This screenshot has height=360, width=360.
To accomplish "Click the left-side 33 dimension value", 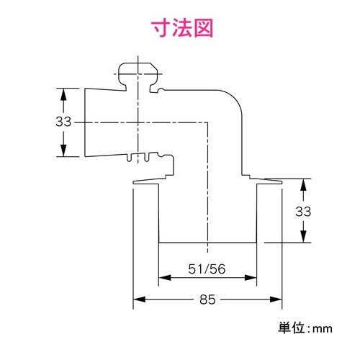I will click(63, 122).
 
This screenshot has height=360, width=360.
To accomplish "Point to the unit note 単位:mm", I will click(305, 328).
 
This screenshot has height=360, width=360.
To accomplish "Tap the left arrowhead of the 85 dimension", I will click(138, 298).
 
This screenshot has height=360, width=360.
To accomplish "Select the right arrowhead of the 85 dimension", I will click(276, 298).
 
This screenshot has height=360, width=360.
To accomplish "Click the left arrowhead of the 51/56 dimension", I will click(163, 276).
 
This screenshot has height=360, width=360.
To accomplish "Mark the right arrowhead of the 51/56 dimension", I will click(253, 276).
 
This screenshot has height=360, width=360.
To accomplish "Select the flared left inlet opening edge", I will click(85, 122).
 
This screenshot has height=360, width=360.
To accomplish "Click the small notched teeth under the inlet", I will click(148, 156).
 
